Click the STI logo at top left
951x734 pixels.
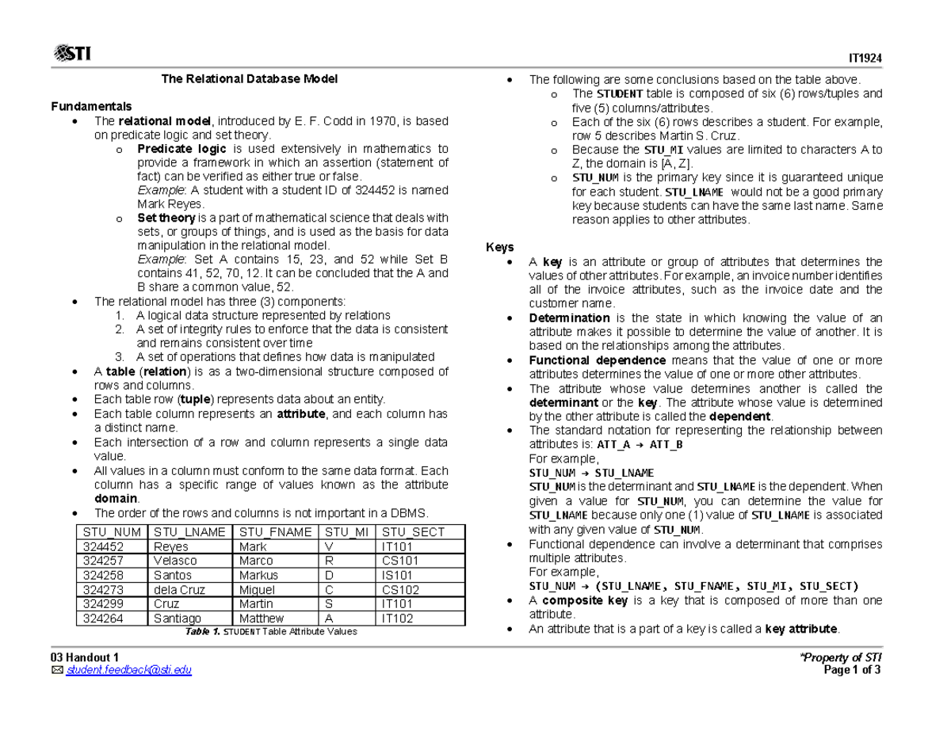tap(71, 53)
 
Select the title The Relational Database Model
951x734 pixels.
tap(250, 79)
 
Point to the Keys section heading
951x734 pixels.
tap(499, 247)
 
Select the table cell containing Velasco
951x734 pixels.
tap(177, 561)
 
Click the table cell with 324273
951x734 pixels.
tap(102, 590)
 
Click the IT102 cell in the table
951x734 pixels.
tap(397, 618)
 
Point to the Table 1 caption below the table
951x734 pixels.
tap(270, 632)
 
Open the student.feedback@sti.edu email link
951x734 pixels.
tap(128, 671)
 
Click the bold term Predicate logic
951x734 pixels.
tap(181, 149)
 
